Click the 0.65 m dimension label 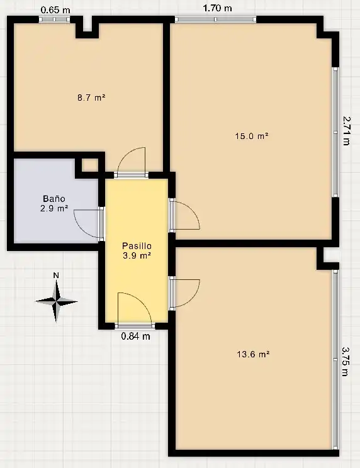click(55, 10)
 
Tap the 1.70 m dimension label click(217, 8)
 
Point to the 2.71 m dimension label click(346, 131)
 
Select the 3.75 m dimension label click(346, 362)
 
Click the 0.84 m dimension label click(135, 337)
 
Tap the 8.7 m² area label click(91, 97)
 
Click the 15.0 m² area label click(252, 136)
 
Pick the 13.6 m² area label click(253, 354)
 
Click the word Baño click(54, 199)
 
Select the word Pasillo click(137, 246)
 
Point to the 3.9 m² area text click(137, 255)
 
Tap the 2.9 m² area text click(54, 208)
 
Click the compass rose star click(57, 301)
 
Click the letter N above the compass click(56, 275)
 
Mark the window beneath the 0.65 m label click(54, 19)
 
